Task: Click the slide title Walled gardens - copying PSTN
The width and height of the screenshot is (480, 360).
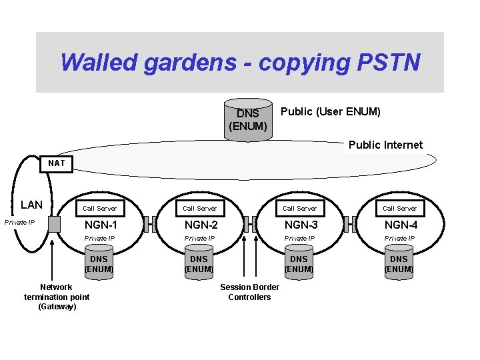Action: (240, 62)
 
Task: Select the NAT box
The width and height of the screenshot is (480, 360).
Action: (57, 163)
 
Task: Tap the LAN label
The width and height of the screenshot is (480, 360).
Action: (31, 205)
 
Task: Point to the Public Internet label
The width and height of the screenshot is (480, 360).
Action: (385, 145)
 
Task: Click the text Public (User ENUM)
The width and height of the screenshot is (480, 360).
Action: (331, 111)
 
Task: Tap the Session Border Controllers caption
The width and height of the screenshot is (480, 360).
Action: (249, 292)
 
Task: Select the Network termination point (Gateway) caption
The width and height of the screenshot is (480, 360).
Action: (57, 297)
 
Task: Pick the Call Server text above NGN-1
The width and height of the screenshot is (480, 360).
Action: (99, 208)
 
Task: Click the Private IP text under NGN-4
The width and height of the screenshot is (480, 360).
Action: (399, 239)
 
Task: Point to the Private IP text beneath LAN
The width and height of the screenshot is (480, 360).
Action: (20, 222)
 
